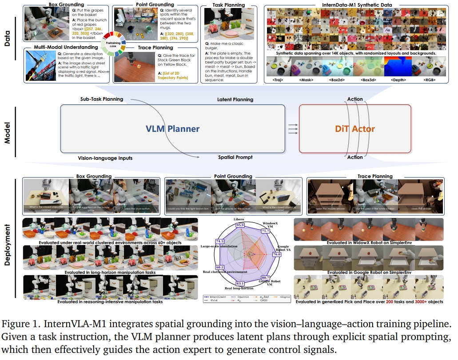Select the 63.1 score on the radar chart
point(240,283)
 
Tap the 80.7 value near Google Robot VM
point(266,277)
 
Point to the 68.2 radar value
point(219,267)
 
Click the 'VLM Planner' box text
point(173,129)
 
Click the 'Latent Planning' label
point(235,99)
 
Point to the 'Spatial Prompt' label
point(235,157)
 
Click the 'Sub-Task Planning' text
point(102,99)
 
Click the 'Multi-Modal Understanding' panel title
point(65,47)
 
